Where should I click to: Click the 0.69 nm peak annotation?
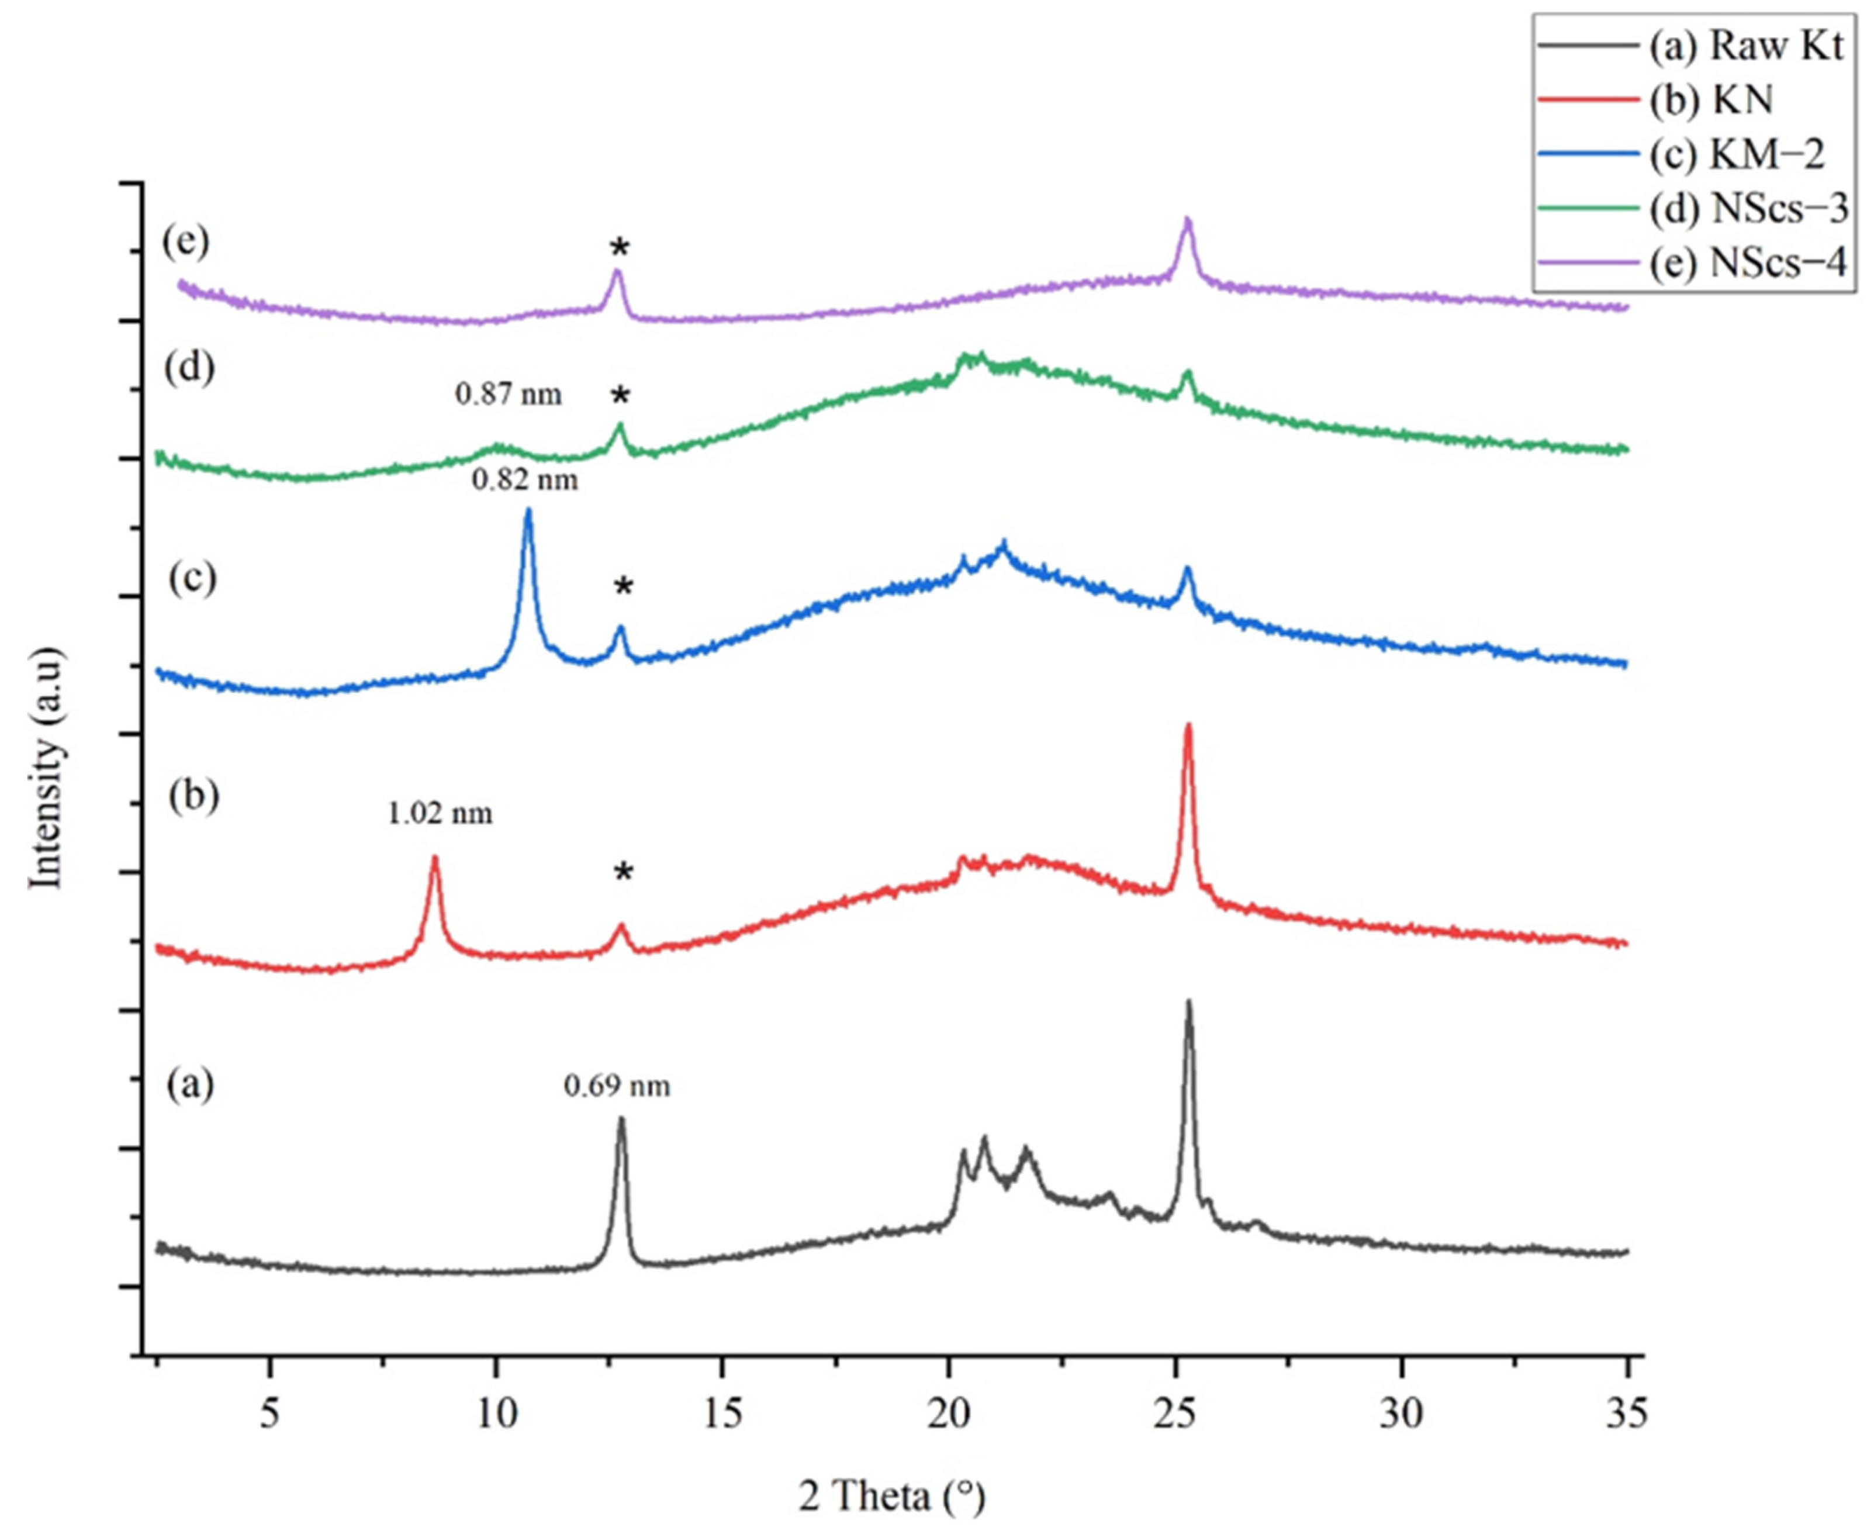617,1085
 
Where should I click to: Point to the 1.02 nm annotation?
439,812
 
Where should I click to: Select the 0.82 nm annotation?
525,480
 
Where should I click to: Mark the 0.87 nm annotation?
508,394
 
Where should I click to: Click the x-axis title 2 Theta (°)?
893,1497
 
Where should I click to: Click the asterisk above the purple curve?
620,249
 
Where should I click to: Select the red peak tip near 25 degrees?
1188,725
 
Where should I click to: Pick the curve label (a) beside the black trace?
190,1084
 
